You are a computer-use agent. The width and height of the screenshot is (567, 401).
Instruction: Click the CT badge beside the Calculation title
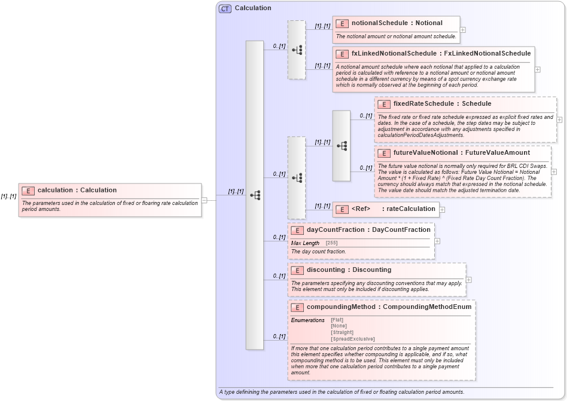coord(225,8)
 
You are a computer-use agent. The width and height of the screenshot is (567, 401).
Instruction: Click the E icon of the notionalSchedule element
coord(342,23)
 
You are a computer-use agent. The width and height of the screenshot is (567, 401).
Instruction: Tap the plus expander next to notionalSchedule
coord(463,29)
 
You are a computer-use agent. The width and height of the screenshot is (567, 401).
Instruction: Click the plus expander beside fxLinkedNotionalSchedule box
coord(537,69)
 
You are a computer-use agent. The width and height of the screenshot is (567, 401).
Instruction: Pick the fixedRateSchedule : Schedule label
coord(442,104)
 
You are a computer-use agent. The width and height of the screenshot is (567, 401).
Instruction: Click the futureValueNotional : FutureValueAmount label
coord(461,153)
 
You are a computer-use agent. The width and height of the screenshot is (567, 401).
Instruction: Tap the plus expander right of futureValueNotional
coord(554,172)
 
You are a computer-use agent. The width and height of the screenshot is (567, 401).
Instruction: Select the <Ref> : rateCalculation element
coord(393,209)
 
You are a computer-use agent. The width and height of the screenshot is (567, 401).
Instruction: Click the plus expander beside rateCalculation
coord(443,209)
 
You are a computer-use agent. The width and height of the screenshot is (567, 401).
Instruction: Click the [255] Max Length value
coord(331,243)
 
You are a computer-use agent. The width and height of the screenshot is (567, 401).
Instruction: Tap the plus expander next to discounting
coord(468,280)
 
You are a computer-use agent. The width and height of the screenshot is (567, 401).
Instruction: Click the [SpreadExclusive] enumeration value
coord(352,339)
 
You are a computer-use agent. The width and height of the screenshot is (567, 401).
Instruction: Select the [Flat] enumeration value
coord(337,320)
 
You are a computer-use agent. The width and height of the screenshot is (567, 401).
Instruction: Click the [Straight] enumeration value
coord(342,332)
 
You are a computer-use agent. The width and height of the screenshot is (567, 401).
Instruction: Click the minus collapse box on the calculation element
coord(204,200)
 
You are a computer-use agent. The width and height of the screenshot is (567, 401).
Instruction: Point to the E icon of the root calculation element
coord(28,191)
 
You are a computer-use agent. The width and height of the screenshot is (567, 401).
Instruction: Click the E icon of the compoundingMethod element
coord(297,307)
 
